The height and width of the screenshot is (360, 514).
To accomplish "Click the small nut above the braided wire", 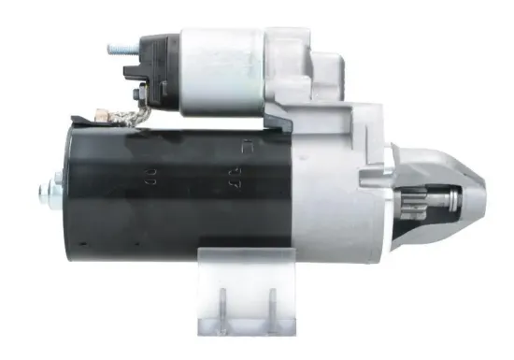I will [x=139, y=93].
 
